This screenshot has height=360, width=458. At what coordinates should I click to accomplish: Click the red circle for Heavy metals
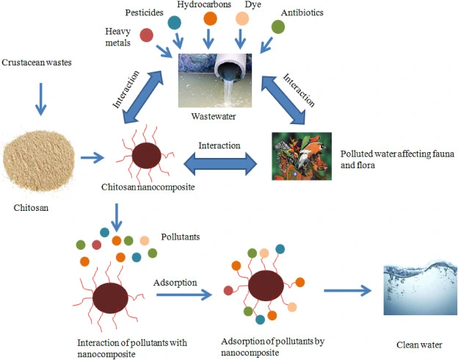147,34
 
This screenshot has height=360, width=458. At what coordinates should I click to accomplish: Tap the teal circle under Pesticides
174,23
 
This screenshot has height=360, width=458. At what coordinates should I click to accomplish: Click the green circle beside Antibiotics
278,26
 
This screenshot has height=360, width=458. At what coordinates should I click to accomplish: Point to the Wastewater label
211,115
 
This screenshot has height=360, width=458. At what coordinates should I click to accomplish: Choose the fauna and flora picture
302,156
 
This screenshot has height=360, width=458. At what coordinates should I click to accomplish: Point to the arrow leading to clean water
344,291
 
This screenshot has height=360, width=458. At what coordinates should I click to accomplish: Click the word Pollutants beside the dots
181,237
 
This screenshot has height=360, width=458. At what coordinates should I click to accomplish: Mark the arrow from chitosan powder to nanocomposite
91,156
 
